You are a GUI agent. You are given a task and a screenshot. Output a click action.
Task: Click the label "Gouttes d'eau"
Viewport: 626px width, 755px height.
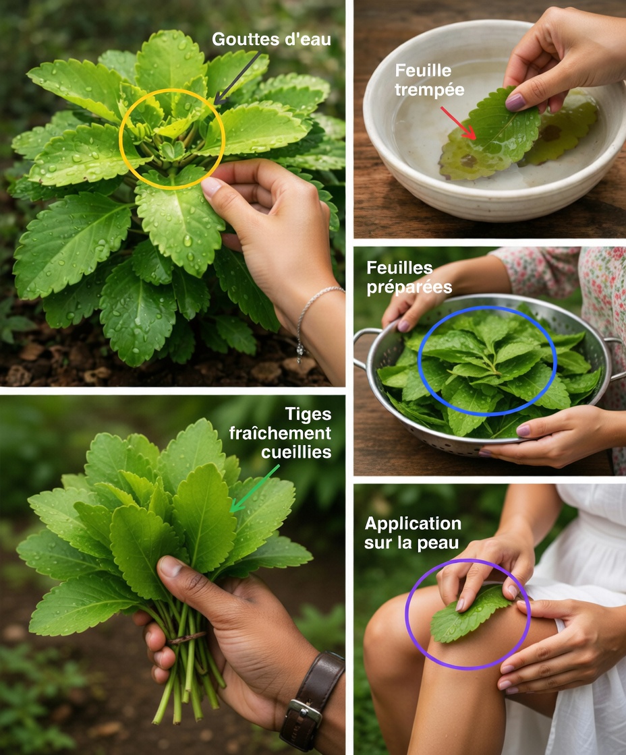click(271, 39)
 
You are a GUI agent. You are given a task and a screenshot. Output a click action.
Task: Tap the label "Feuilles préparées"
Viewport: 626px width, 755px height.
click(409, 277)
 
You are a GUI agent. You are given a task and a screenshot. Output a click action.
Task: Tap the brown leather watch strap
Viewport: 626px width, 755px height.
click(318, 674)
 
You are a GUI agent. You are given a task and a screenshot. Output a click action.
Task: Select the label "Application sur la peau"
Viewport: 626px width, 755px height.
click(413, 533)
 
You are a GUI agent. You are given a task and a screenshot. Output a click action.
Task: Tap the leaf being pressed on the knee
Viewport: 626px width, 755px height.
click(465, 615)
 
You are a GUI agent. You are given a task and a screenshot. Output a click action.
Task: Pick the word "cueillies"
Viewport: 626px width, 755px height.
click(296, 452)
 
